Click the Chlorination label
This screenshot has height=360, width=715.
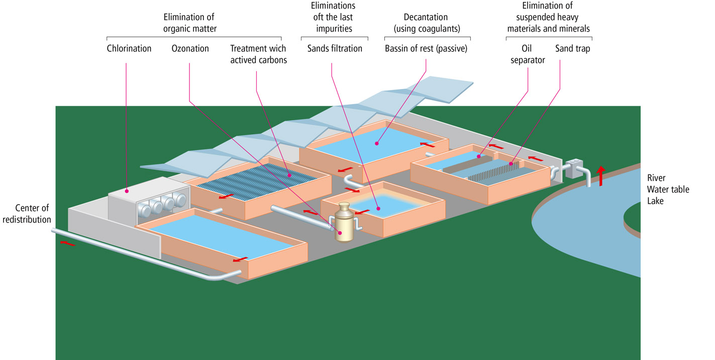pos(129,49)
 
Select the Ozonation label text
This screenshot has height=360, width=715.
pos(190,49)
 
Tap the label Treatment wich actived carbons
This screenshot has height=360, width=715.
pos(258,54)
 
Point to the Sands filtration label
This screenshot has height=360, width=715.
pos(335,49)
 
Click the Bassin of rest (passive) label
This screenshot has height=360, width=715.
pos(426,49)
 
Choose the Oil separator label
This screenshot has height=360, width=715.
pos(528,54)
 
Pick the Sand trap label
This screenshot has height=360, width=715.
pos(572,49)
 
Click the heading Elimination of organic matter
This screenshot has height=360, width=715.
pos(190,23)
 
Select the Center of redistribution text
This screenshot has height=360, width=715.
pos(33,213)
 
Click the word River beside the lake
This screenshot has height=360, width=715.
pos(656,178)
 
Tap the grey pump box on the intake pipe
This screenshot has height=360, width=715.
pos(573,169)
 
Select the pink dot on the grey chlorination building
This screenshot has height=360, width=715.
pos(127,191)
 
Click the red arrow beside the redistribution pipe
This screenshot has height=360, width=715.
pos(68,243)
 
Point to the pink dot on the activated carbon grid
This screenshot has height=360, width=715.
pos(289,175)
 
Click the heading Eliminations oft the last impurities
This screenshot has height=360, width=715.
pos(333,18)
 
